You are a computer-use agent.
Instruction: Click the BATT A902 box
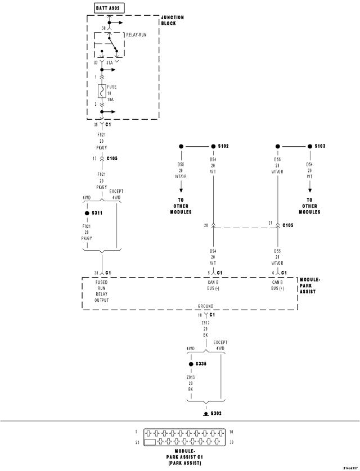click(x=110, y=8)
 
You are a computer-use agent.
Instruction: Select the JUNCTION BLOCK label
click(x=172, y=20)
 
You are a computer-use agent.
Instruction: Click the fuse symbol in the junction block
click(x=101, y=91)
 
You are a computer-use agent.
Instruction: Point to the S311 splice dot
click(x=87, y=214)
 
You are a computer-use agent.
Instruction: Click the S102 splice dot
click(x=213, y=146)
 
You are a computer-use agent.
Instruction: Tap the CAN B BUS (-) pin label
click(x=213, y=285)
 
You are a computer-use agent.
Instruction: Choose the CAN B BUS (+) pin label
click(x=278, y=285)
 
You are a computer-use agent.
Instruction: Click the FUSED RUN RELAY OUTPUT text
click(x=101, y=291)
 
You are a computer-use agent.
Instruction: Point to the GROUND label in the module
click(x=205, y=306)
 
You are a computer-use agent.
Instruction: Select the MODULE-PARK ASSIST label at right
click(x=310, y=285)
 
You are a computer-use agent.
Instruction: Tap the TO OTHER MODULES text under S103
click(x=310, y=206)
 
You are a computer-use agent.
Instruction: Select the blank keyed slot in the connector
click(x=151, y=442)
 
